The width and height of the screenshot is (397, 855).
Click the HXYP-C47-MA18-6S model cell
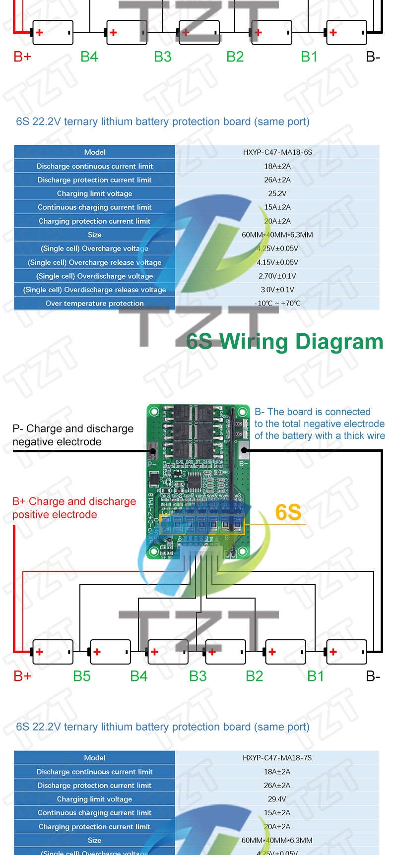pyautogui.click(x=277, y=152)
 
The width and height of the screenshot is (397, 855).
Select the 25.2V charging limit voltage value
pyautogui.click(x=277, y=193)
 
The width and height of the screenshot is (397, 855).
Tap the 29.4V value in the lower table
pyautogui.click(x=276, y=799)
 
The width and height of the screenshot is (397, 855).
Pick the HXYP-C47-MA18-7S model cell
pyautogui.click(x=277, y=758)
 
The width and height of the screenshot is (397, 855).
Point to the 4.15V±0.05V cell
pyautogui.click(x=277, y=262)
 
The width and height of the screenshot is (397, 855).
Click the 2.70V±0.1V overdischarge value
pyautogui.click(x=277, y=276)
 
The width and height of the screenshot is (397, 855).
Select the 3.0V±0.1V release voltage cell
pyautogui.click(x=277, y=290)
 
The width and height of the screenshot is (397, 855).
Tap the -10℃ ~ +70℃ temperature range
pyautogui.click(x=277, y=304)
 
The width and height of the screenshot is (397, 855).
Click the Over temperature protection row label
pyautogui.click(x=94, y=304)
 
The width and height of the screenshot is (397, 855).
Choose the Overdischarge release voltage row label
pyautogui.click(x=94, y=290)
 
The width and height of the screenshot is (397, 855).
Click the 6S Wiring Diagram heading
pyautogui.click(x=284, y=342)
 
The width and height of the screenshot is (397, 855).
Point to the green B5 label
pyautogui.click(x=82, y=676)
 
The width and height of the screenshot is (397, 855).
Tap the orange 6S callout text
pyautogui.click(x=288, y=512)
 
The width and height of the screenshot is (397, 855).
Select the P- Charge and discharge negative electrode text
pyautogui.click(x=73, y=435)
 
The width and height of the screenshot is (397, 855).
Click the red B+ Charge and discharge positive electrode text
pyautogui.click(x=74, y=508)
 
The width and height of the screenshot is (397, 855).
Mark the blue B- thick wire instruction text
pyautogui.click(x=319, y=424)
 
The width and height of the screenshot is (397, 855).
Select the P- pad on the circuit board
pyautogui.click(x=153, y=451)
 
